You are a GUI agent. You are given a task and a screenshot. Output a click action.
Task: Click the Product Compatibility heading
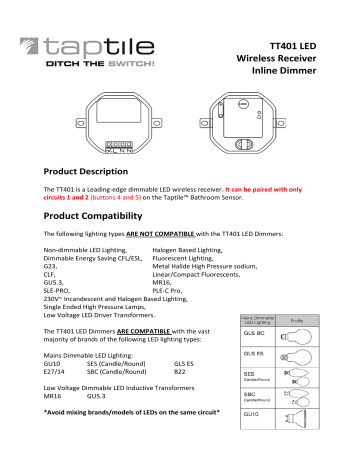98,217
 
